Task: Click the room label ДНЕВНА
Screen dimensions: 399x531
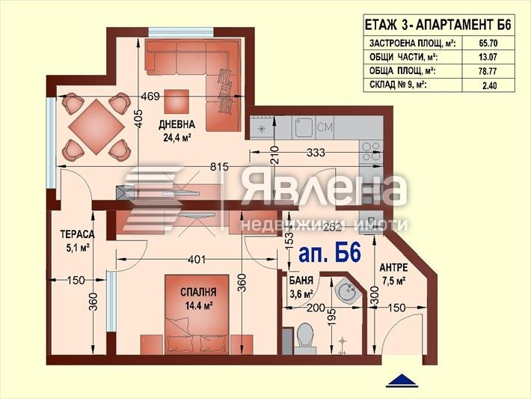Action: pyautogui.click(x=177, y=124)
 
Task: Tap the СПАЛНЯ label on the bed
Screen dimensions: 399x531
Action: pyautogui.click(x=198, y=293)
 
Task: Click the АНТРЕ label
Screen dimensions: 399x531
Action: pyautogui.click(x=393, y=267)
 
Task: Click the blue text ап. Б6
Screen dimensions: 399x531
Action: pyautogui.click(x=329, y=252)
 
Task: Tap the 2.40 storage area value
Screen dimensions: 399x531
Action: pyautogui.click(x=490, y=86)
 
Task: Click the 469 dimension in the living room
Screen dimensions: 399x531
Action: pyautogui.click(x=151, y=96)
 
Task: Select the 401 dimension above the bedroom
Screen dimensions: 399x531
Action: pyautogui.click(x=197, y=260)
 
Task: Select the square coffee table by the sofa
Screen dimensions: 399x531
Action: pyautogui.click(x=177, y=100)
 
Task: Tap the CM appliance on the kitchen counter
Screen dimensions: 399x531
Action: pyautogui.click(x=325, y=128)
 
